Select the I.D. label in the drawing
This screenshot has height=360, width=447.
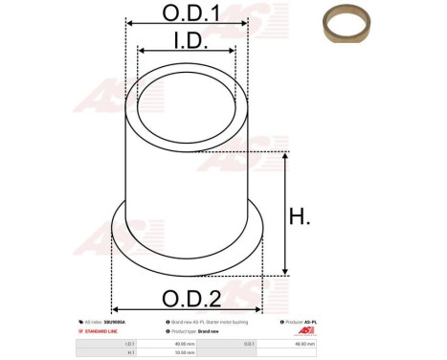[187, 40]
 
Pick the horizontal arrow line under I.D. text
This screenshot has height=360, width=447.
[187, 53]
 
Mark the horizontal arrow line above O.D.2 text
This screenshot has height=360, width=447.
[190, 277]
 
